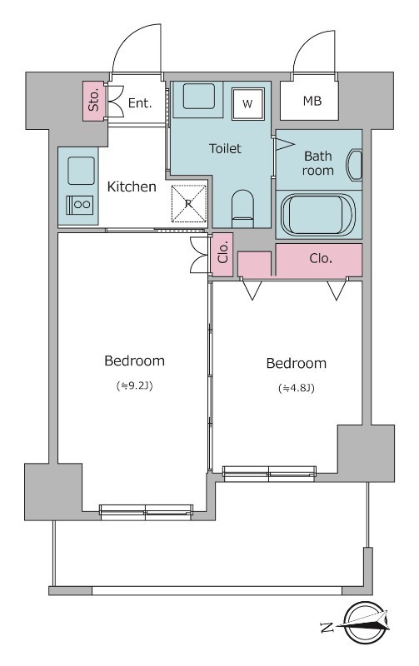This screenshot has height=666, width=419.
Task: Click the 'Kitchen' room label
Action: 132,186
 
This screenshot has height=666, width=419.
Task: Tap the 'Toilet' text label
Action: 225,148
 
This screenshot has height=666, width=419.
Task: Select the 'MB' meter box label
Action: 312,101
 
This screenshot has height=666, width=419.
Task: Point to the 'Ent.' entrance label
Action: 140,102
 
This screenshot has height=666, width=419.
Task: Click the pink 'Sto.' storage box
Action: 93,101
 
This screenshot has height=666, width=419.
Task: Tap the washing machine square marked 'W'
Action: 247,103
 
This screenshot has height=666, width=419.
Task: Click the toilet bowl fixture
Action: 242,208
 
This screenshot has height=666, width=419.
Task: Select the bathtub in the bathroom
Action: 318,214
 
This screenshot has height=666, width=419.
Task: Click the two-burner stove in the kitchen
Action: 80,205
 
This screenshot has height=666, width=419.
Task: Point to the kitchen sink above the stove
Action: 81,171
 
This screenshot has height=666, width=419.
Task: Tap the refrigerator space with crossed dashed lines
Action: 189,203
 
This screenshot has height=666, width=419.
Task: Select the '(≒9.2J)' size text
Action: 134,385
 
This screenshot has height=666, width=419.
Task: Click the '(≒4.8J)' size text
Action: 297,388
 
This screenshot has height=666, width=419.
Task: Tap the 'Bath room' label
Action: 318,163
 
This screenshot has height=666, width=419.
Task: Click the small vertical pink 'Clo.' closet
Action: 222,255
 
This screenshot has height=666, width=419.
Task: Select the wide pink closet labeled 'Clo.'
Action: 319,261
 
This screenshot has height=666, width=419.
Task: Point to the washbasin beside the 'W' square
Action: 198,97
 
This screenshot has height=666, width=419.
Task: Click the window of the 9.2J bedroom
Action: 146,512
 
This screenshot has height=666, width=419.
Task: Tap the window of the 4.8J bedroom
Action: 269,474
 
